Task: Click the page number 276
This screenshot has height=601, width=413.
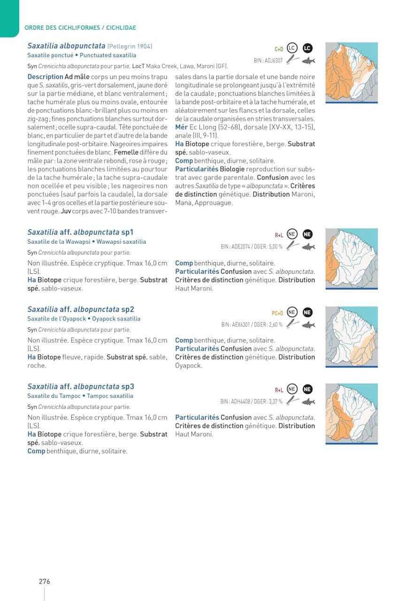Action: point(44,581)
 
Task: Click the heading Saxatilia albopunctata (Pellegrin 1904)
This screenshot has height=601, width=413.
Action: point(90,46)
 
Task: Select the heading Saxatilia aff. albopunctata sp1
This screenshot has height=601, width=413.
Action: point(80,232)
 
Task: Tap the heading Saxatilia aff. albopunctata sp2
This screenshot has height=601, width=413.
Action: point(81,309)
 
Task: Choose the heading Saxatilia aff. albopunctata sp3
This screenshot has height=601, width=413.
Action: point(81,386)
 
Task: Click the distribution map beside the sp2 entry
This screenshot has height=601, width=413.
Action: point(352,336)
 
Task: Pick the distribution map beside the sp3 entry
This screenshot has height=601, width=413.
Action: point(352,413)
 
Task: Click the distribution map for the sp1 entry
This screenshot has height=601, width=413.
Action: point(352,259)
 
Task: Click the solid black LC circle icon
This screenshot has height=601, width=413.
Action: point(307,48)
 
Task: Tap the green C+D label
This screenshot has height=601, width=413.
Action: point(279,49)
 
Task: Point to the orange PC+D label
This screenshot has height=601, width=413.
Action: point(277,313)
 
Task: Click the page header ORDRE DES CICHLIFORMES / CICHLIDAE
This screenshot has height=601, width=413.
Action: point(80,28)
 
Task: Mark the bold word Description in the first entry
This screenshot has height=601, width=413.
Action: point(45,77)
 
